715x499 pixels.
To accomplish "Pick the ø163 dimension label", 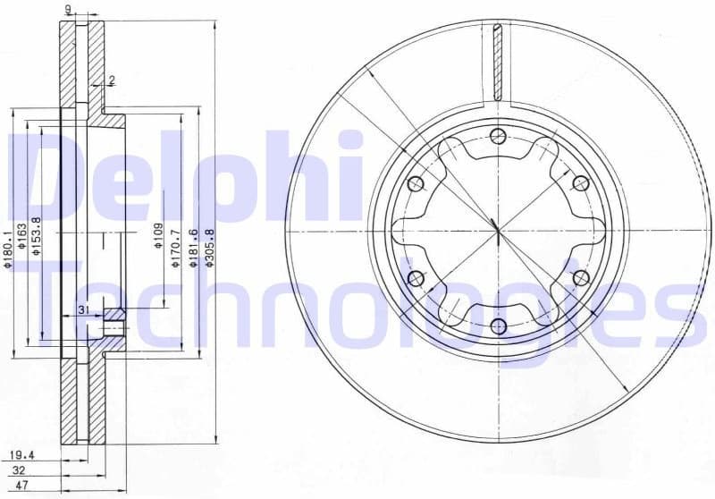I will tap(23, 237).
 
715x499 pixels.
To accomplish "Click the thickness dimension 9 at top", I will tap(68, 9).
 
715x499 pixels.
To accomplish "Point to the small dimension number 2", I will tap(112, 80).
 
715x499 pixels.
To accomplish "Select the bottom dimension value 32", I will tap(20, 470).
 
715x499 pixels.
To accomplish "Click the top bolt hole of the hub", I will tap(498, 136).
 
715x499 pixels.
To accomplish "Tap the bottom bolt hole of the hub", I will tap(498, 326).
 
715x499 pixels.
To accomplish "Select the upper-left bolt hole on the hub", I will tap(414, 184).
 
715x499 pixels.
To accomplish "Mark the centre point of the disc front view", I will tap(497, 231).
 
